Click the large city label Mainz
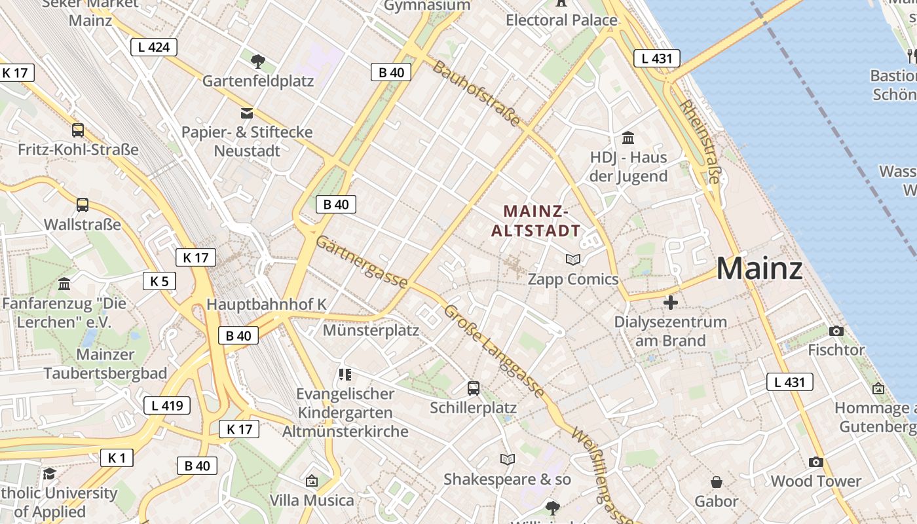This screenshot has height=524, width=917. coord(759,269)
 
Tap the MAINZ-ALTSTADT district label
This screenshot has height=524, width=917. coord(536,221)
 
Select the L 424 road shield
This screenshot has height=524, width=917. coord(154,47)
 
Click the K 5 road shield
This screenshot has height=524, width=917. coord(159,282)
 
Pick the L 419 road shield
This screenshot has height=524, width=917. coord(167,405)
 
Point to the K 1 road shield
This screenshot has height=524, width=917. coord(117,458)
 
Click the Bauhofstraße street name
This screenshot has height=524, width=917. coord(477,94)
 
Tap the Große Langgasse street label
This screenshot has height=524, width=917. coord(494,351)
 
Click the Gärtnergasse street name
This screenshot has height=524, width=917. coord(362,262)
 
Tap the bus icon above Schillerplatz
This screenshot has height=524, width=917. coord(474,388)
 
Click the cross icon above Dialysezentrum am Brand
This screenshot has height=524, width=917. coord(670,303)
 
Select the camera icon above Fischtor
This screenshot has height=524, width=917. coord(836,331)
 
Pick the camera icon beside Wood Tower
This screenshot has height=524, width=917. coord(815,462)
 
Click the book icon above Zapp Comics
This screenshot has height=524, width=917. coord(573,259)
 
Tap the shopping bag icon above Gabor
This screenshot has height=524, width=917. coord(717,482)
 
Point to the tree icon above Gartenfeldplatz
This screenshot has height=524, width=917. coord(258,62)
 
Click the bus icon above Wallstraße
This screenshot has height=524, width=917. coord(83,205)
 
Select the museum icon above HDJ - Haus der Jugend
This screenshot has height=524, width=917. coord(628,138)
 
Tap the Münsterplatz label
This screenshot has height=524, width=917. coord(371,330)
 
